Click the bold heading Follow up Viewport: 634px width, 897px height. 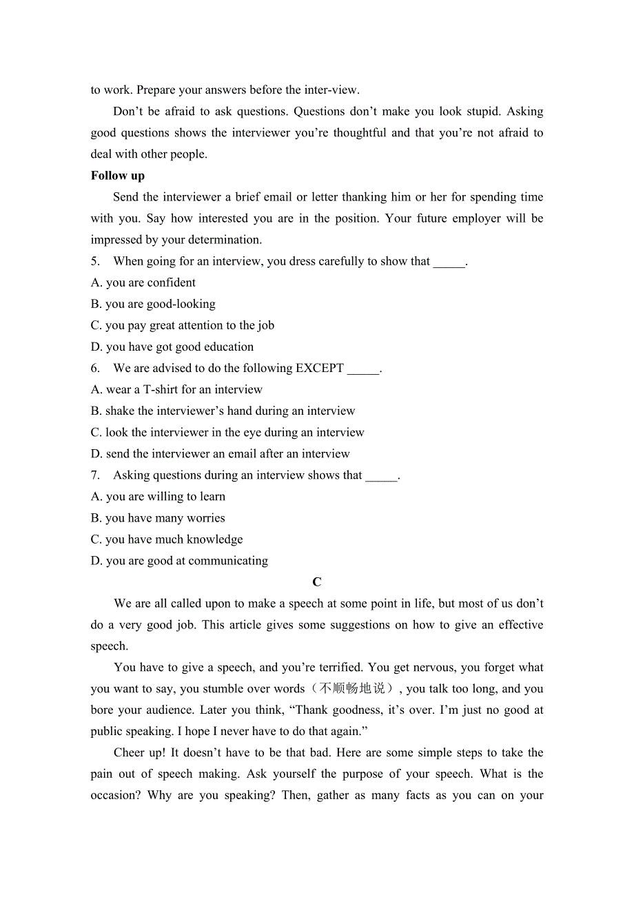pyautogui.click(x=118, y=176)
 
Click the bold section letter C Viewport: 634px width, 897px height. pyautogui.click(x=317, y=582)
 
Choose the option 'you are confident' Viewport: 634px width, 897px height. pyautogui.click(x=143, y=282)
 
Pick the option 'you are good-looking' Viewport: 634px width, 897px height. pyautogui.click(x=153, y=304)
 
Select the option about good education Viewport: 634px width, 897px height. pyautogui.click(x=172, y=347)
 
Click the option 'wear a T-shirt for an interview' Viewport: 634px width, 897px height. pyautogui.click(x=176, y=389)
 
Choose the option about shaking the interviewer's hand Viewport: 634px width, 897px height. pyautogui.click(x=223, y=411)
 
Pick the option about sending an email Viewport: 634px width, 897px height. pyautogui.click(x=221, y=453)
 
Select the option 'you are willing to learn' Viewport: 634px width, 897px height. pyautogui.click(x=158, y=496)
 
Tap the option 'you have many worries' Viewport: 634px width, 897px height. pyautogui.click(x=158, y=517)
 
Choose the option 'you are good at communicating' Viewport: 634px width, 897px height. pyautogui.click(x=179, y=560)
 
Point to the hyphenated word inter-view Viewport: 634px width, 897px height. pyautogui.click(x=331, y=90)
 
